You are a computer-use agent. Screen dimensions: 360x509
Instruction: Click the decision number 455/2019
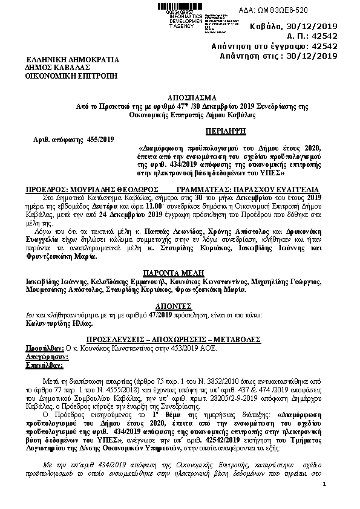pyautogui.click(x=96, y=140)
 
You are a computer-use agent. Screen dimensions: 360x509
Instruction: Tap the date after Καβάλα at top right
pyautogui.click(x=312, y=27)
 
